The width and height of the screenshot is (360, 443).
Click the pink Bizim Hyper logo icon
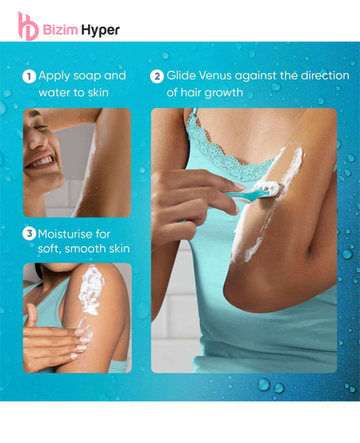click(28, 27)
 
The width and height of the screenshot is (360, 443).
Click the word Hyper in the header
click(100, 30)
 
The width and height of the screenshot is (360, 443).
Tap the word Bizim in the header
click(60, 29)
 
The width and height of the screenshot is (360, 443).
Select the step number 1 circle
click(29, 76)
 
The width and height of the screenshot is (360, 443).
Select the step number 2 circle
click(157, 76)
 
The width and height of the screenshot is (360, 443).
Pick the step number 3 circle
click(29, 234)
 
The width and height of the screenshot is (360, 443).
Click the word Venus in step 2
click(215, 76)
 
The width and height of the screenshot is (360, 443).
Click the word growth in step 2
click(224, 93)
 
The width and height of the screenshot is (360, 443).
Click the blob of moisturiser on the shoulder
click(91, 290)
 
